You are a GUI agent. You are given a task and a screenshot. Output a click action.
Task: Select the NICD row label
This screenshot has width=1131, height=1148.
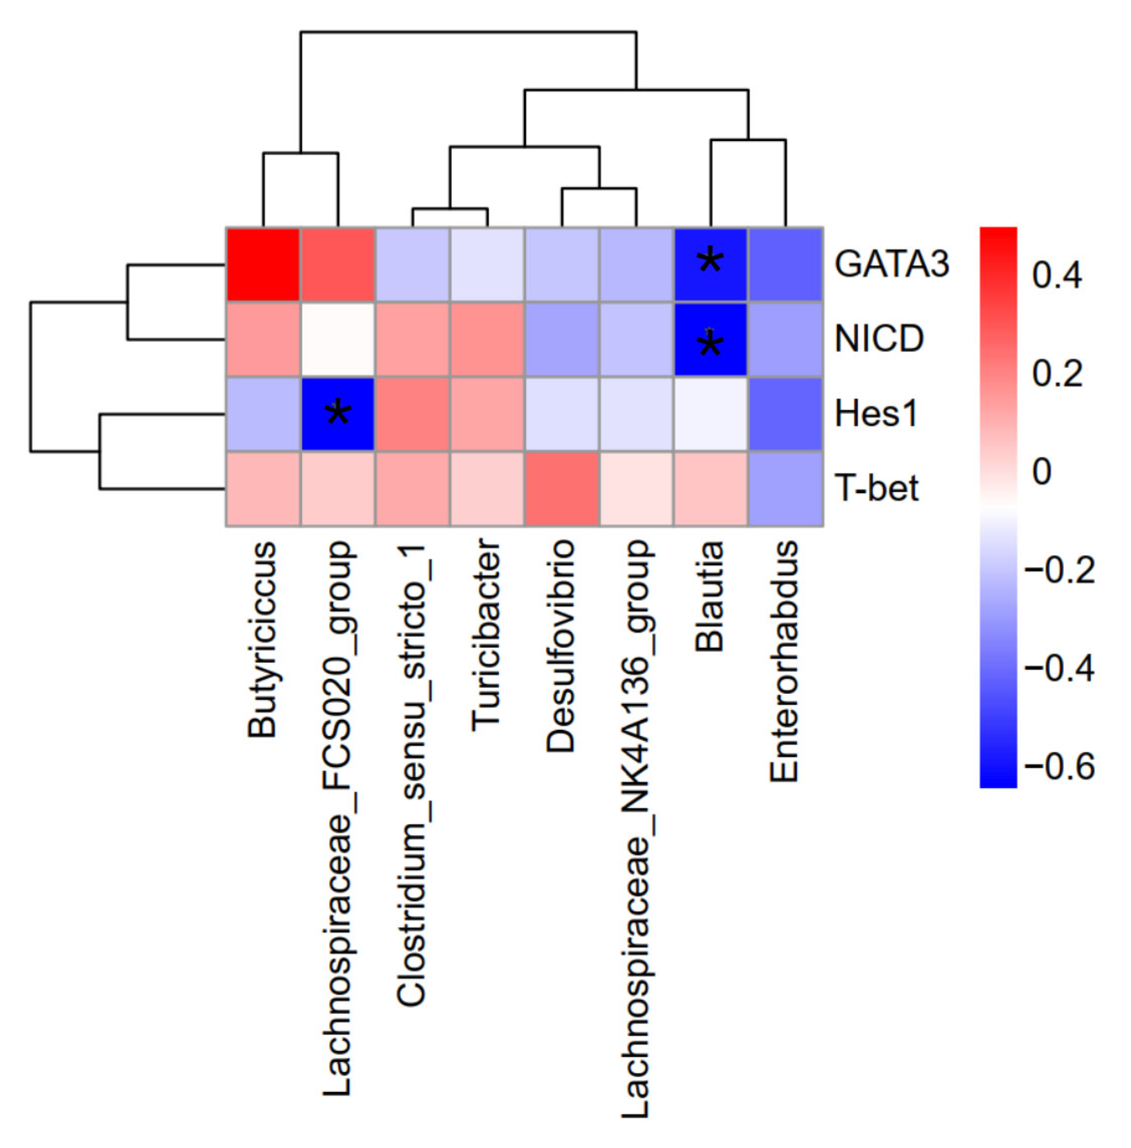pyautogui.click(x=879, y=339)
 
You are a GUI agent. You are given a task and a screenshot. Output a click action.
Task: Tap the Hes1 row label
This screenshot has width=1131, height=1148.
pyautogui.click(x=876, y=414)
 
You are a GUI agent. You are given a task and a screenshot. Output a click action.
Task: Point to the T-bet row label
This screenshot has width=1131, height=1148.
pyautogui.click(x=877, y=489)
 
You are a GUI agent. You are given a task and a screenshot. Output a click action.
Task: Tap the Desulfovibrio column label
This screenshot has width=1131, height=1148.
pyautogui.click(x=561, y=646)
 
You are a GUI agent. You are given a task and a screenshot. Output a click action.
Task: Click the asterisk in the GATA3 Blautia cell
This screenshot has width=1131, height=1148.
pyautogui.click(x=711, y=261)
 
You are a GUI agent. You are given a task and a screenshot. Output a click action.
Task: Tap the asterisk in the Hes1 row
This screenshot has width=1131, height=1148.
pyautogui.click(x=338, y=412)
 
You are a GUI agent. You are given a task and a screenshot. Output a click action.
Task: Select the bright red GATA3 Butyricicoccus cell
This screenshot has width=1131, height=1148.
pyautogui.click(x=263, y=264)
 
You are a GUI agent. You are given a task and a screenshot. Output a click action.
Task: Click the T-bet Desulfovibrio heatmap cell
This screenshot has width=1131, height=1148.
pyautogui.click(x=561, y=489)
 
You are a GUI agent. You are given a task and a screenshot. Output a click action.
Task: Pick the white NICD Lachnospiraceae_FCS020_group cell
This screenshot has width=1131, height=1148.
pyautogui.click(x=338, y=339)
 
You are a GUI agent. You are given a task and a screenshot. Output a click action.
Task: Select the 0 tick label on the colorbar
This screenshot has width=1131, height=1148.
pyautogui.click(x=1042, y=473)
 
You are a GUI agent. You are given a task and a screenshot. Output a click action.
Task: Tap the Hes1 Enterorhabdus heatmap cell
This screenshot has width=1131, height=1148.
pyautogui.click(x=785, y=414)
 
